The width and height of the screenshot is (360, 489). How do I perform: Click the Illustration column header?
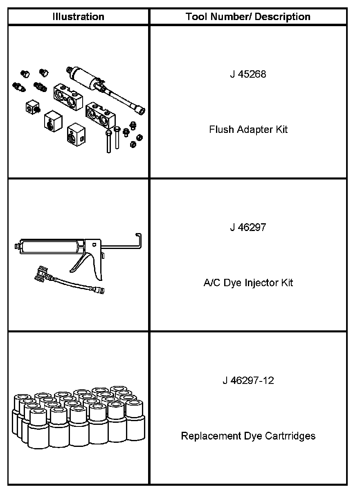tap(78, 17)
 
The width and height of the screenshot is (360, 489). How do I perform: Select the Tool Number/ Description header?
tap(248, 17)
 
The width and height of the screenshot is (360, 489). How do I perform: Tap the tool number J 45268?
tap(248, 74)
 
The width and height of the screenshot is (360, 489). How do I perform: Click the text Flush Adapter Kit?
tap(248, 130)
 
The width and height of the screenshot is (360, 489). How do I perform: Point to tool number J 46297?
tap(248, 227)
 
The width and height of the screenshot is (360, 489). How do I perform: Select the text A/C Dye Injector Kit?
tap(248, 283)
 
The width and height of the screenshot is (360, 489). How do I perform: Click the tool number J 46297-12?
tap(248, 381)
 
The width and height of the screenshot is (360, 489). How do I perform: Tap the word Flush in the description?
tap(220, 130)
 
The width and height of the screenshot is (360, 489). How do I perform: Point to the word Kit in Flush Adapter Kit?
tap(281, 130)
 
